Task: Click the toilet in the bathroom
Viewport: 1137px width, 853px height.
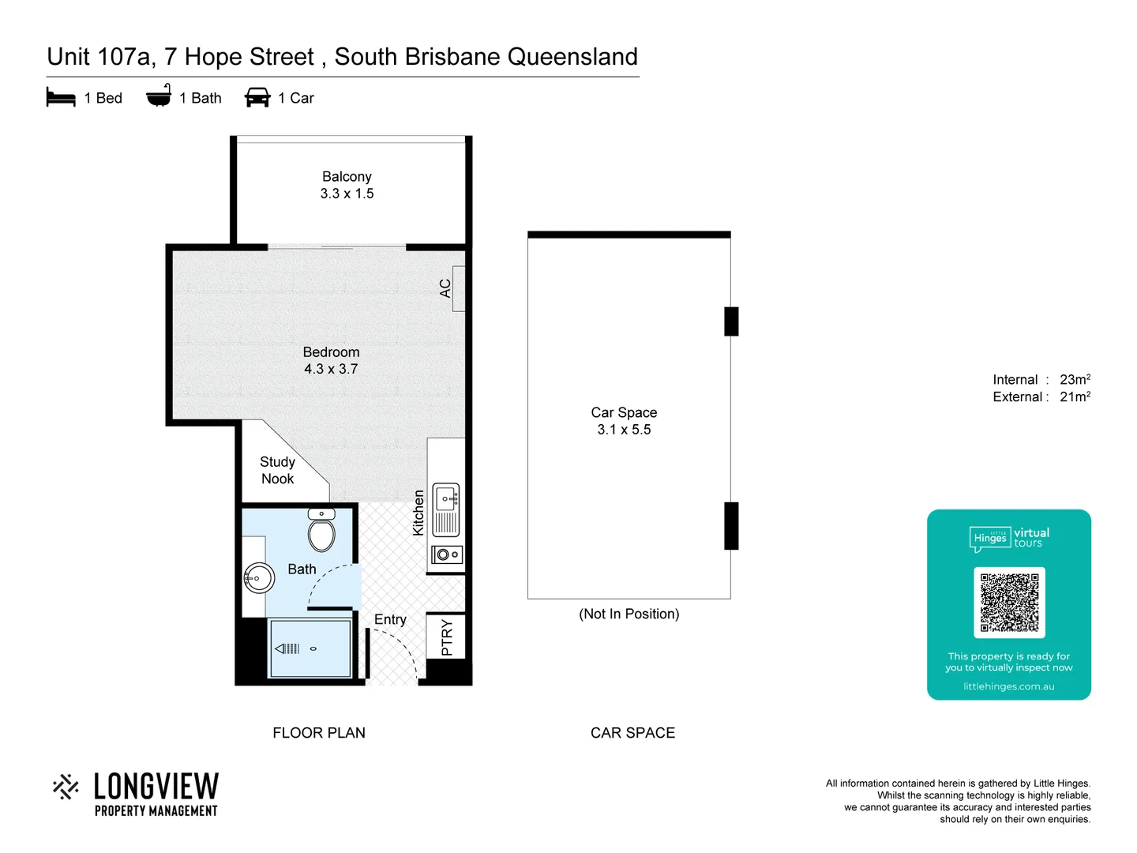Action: pyautogui.click(x=321, y=532)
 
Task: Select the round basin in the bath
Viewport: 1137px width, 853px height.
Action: pyautogui.click(x=258, y=578)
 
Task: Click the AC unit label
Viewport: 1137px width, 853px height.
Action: pyautogui.click(x=445, y=288)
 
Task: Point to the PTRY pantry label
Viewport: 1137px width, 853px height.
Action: pyautogui.click(x=447, y=637)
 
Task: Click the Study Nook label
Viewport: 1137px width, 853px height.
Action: pyautogui.click(x=277, y=470)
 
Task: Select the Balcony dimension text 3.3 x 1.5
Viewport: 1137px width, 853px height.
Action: pyautogui.click(x=347, y=194)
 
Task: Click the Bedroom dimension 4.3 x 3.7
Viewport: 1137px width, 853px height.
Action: pyautogui.click(x=331, y=369)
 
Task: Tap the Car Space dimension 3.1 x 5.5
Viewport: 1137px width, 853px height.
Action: pyautogui.click(x=624, y=430)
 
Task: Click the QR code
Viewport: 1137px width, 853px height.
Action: pyautogui.click(x=1009, y=602)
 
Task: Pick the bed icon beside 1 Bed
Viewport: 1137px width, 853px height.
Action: pyautogui.click(x=61, y=98)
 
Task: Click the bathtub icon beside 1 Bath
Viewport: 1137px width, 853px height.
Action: pyautogui.click(x=159, y=96)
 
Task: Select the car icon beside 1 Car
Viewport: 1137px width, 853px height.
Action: pyautogui.click(x=257, y=98)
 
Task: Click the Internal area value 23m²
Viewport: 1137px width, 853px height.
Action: pyautogui.click(x=1075, y=380)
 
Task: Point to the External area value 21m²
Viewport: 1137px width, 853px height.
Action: pyautogui.click(x=1075, y=397)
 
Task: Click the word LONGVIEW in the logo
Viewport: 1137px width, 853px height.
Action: pyautogui.click(x=156, y=787)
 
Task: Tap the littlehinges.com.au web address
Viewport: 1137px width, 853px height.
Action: pyautogui.click(x=1008, y=686)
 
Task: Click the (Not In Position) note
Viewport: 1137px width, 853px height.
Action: pyautogui.click(x=629, y=614)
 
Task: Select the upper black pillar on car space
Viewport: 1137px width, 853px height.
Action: pyautogui.click(x=731, y=321)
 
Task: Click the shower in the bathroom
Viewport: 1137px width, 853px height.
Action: pyautogui.click(x=310, y=648)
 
